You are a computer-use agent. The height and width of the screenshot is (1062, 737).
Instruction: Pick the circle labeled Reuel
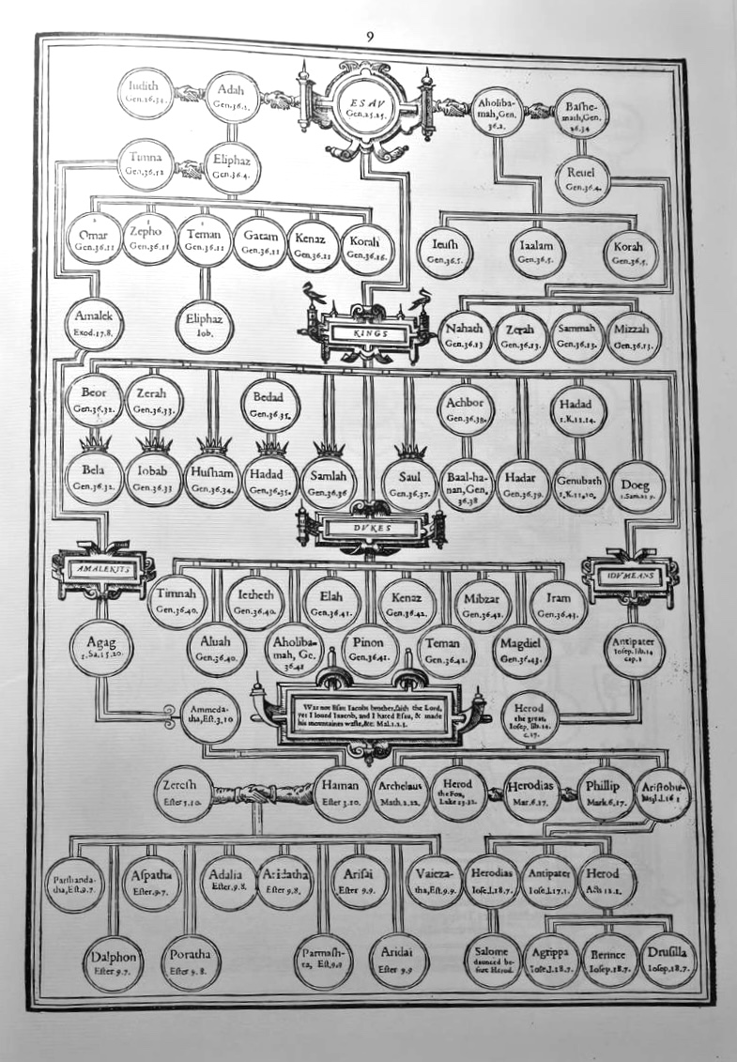point(589,178)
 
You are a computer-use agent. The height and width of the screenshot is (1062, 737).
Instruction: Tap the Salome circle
point(493,959)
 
